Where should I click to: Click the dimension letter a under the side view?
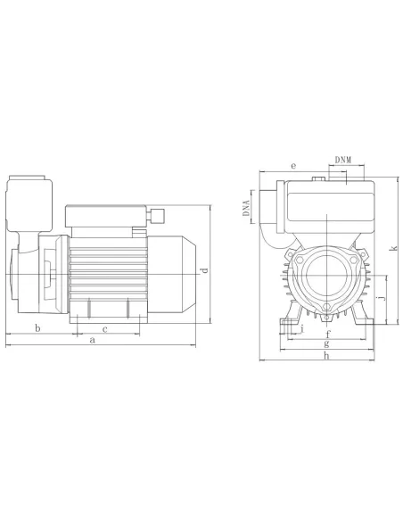click(93, 340)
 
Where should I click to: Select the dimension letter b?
click(37, 328)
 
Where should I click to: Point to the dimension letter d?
click(204, 270)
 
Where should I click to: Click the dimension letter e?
click(293, 166)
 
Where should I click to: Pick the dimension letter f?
click(327, 335)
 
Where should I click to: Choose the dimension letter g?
click(327, 345)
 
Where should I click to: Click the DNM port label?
click(342, 158)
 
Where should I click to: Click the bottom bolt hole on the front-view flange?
click(326, 311)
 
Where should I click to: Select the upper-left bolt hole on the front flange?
click(291, 256)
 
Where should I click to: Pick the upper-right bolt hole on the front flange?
click(362, 256)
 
